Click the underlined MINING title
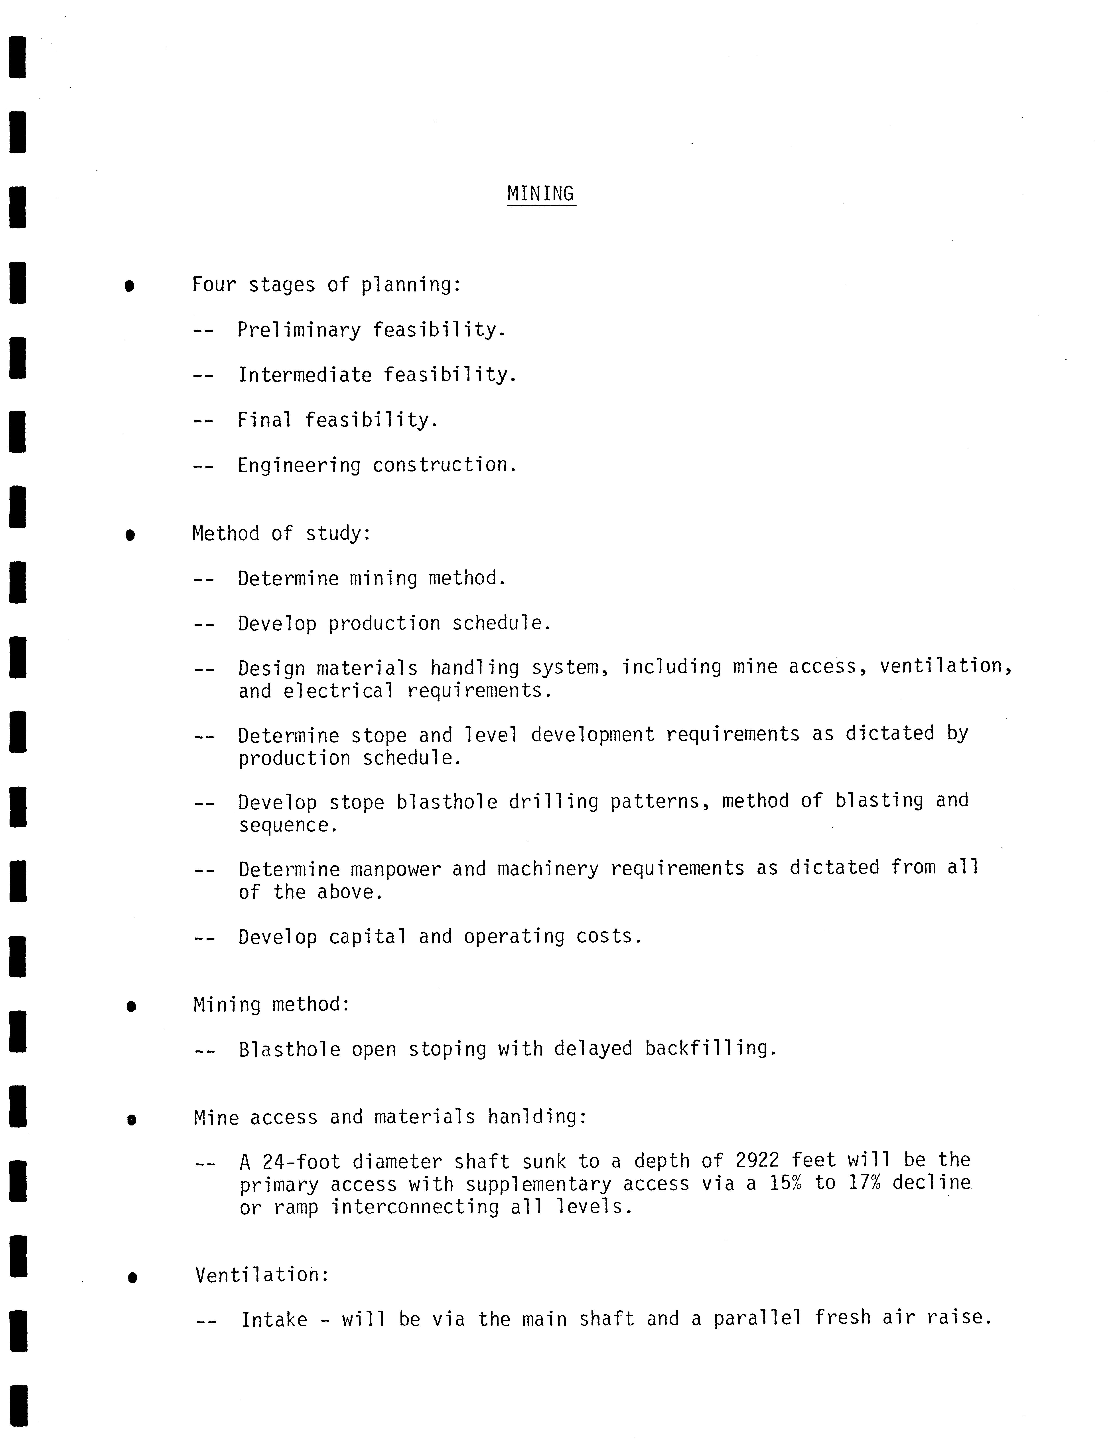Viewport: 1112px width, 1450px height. click(x=541, y=194)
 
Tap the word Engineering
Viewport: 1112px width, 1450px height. click(x=299, y=466)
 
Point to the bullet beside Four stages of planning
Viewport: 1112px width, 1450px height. click(x=130, y=286)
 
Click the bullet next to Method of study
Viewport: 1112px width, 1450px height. click(x=130, y=534)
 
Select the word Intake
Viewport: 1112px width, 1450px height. click(x=274, y=1319)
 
